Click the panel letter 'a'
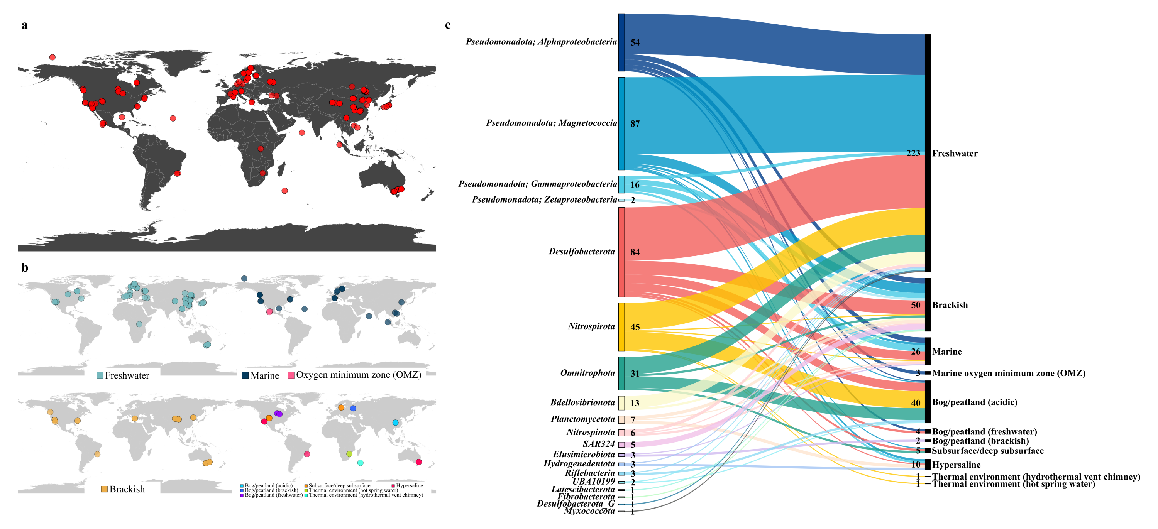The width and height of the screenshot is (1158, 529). click(24, 25)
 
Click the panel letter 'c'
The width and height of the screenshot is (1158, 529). click(448, 25)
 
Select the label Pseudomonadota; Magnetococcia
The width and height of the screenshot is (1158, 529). click(552, 123)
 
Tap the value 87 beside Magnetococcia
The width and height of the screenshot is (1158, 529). click(635, 124)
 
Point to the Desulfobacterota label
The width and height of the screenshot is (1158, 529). click(582, 252)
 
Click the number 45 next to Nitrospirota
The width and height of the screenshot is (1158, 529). click(635, 327)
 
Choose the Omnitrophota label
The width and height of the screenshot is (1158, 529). click(587, 373)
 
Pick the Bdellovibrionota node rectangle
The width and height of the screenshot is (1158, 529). click(621, 403)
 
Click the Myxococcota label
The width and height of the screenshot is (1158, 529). click(589, 511)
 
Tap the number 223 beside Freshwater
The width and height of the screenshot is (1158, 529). click(913, 153)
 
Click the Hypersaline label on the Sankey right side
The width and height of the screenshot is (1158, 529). click(956, 465)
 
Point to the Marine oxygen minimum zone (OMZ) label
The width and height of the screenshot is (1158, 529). click(1008, 373)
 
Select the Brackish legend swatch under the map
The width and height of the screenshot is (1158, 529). click(104, 489)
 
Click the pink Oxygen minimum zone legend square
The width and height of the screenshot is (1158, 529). click(291, 375)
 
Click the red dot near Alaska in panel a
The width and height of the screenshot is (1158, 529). click(52, 57)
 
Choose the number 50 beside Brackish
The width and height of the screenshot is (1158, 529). click(915, 305)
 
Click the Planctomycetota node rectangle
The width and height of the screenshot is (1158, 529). click(621, 420)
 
